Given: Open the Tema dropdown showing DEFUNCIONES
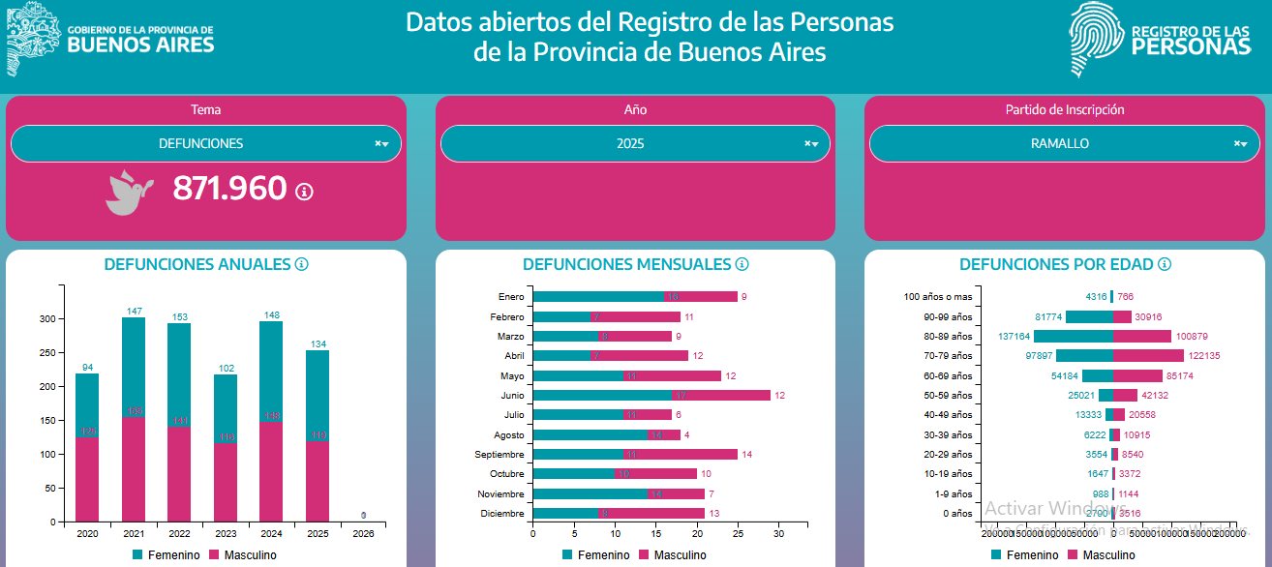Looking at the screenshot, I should pos(200,144).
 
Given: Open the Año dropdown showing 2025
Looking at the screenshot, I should pos(629,144).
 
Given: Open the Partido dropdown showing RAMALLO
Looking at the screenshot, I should pos(1059,144).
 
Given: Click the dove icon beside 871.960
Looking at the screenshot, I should pos(129,191).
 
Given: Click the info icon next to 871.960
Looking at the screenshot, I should pos(304,192).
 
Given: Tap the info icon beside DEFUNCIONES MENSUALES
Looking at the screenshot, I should pos(742,264).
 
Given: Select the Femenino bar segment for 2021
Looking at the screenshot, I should pos(134,368).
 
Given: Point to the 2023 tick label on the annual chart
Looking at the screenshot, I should pos(226,533).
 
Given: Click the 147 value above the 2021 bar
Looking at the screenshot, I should pos(134,311).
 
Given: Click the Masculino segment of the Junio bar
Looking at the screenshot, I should pos(722,395).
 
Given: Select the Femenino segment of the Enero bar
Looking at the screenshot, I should pos(598,297).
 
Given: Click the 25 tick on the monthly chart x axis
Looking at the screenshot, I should pos(738,533).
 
